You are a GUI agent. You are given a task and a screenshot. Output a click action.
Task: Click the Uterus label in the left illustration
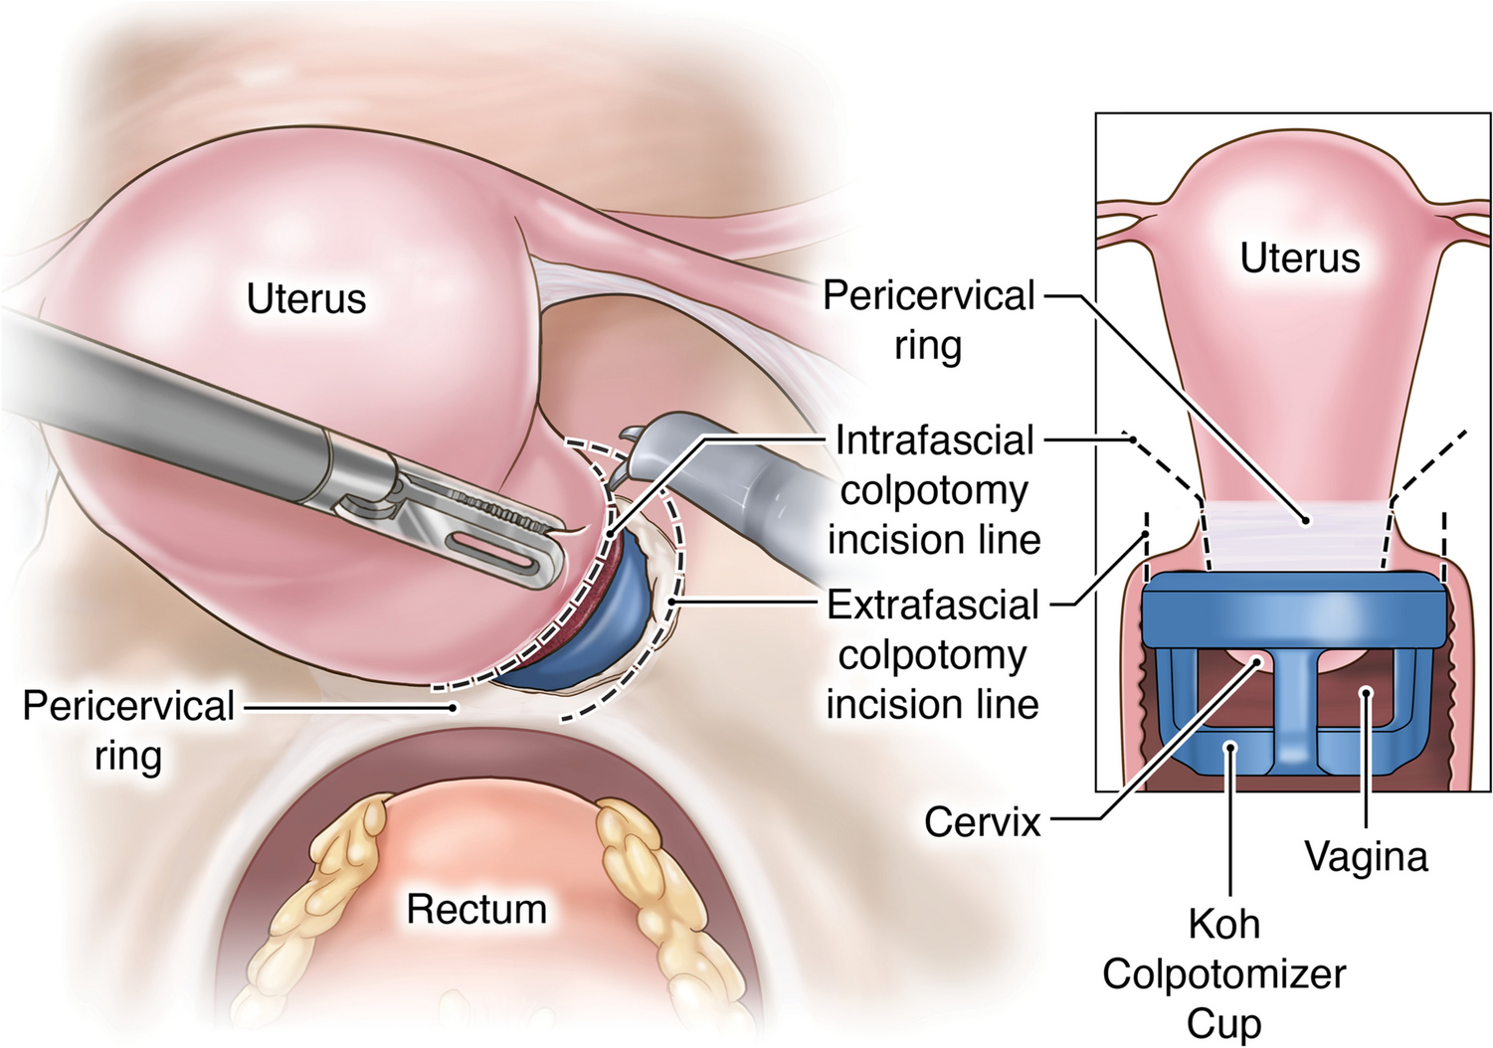coord(305,298)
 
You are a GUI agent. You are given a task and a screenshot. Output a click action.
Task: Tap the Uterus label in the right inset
coord(1299,258)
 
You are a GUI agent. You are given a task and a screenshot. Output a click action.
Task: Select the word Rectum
coord(476,909)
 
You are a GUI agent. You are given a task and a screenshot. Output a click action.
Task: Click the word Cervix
coord(982,822)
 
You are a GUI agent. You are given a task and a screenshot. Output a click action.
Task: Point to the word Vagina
coord(1366,856)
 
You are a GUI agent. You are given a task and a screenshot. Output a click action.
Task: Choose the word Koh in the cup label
coord(1223,924)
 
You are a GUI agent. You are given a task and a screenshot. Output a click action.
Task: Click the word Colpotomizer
coord(1223,973)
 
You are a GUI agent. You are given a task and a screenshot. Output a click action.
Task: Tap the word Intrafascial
coord(935,439)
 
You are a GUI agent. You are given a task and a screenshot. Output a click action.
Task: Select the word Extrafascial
coord(933,605)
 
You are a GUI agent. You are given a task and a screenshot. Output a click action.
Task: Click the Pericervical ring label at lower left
coord(128,730)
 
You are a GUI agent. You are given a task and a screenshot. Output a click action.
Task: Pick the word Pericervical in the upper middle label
coord(929,295)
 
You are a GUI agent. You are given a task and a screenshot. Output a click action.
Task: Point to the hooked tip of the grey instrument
coord(633,437)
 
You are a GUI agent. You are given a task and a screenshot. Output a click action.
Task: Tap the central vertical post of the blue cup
coord(1294,706)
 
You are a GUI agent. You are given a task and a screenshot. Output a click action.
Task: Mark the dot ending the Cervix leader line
coord(1257,660)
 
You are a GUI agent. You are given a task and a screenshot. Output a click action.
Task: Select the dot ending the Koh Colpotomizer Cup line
coord(1231,746)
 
